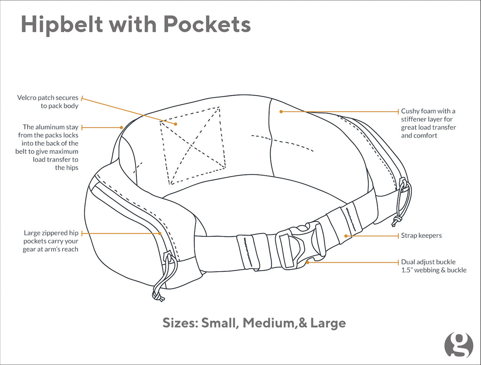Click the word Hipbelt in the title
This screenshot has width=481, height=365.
click(x=62, y=24)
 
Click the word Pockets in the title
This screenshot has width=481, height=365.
click(x=207, y=24)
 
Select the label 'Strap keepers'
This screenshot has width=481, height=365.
click(x=421, y=236)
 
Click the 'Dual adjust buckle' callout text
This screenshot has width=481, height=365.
click(x=428, y=262)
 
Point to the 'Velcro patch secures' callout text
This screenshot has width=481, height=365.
click(x=48, y=98)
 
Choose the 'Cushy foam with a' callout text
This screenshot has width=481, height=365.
click(x=428, y=111)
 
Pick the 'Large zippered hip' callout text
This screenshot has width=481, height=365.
click(x=51, y=233)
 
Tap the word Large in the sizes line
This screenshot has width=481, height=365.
click(x=328, y=323)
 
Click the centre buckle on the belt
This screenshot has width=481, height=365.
click(x=300, y=247)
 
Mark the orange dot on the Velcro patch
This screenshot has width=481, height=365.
click(x=176, y=124)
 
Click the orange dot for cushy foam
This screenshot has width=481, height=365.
click(x=281, y=112)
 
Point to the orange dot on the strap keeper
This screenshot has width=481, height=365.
click(x=346, y=236)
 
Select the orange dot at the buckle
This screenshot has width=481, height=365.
click(x=308, y=262)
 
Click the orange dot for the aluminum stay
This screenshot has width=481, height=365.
click(x=122, y=128)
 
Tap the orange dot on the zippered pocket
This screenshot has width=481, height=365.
click(x=160, y=234)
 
